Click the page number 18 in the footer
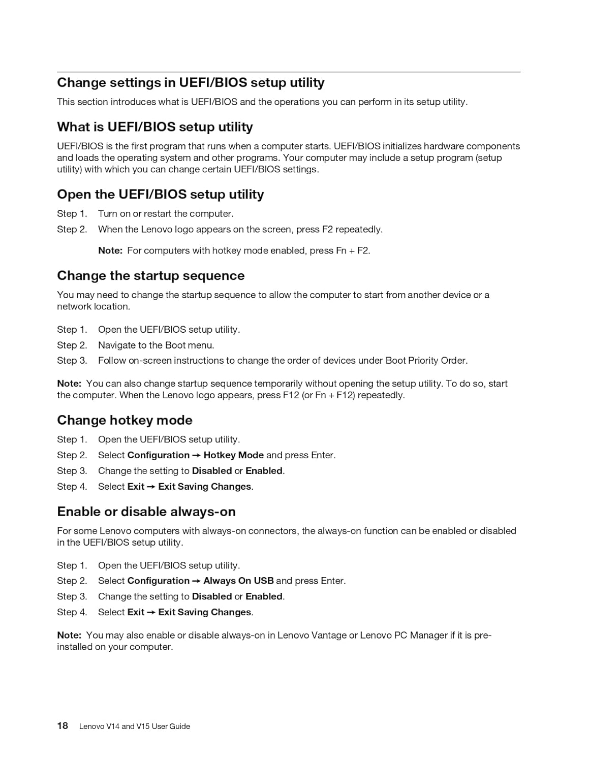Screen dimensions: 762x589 pyautogui.click(x=63, y=725)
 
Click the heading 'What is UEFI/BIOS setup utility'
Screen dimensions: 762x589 pyautogui.click(x=154, y=127)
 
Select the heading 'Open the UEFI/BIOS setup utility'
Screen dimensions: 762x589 pyautogui.click(x=160, y=195)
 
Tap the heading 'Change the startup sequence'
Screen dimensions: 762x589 pyautogui.click(x=150, y=276)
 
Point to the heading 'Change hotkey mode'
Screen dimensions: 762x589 pyautogui.click(x=125, y=420)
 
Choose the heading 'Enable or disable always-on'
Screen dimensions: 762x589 pyautogui.click(x=146, y=512)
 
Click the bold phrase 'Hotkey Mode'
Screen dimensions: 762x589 pyautogui.click(x=233, y=455)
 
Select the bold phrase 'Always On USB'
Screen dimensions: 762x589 pyautogui.click(x=238, y=581)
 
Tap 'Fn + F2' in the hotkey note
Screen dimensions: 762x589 pyautogui.click(x=352, y=250)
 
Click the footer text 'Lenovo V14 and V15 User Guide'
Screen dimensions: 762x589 pyautogui.click(x=135, y=726)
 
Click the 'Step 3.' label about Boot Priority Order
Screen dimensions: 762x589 pyautogui.click(x=72, y=361)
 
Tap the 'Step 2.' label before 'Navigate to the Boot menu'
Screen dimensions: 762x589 pyautogui.click(x=72, y=345)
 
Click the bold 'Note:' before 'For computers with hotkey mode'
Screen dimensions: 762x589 pyautogui.click(x=110, y=250)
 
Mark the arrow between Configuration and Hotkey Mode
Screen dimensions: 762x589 pyautogui.click(x=197, y=456)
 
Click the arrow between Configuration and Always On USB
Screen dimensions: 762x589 pyautogui.click(x=197, y=581)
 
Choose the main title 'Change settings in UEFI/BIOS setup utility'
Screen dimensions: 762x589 pyautogui.click(x=191, y=83)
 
